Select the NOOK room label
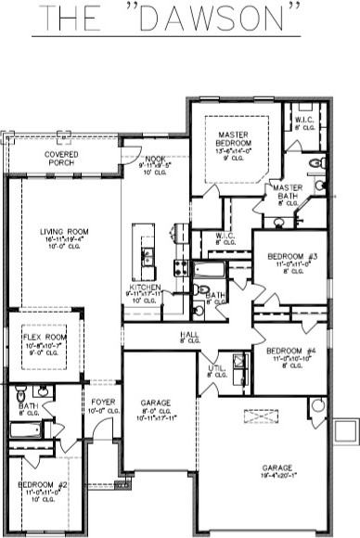point(156,160)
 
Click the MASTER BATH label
point(288,190)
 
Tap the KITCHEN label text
point(147,288)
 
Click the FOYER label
point(102,403)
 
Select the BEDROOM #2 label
point(43,484)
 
